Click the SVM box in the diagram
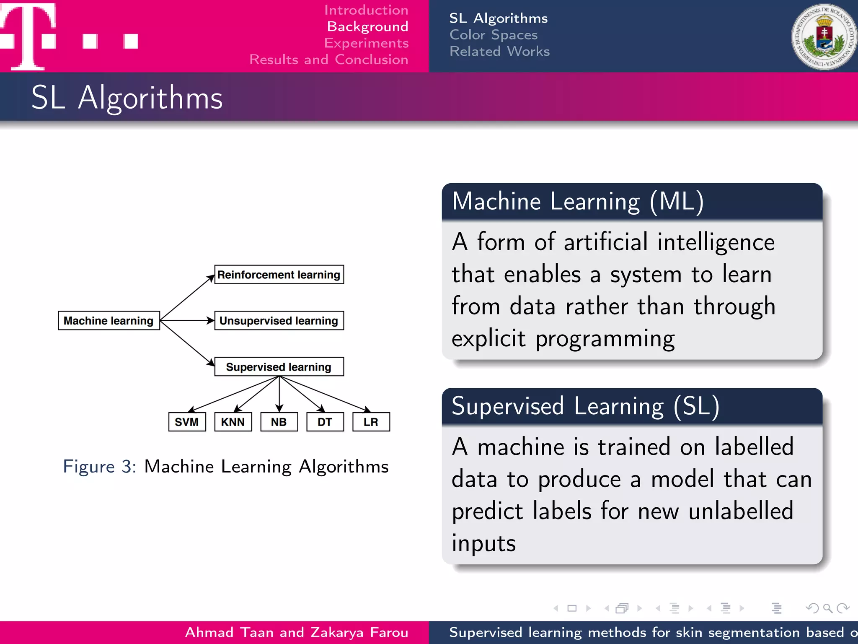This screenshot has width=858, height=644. click(187, 422)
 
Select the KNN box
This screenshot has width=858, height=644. click(233, 422)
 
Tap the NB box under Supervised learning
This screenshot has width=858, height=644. click(279, 422)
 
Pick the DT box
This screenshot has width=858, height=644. click(325, 422)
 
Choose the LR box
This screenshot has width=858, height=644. click(371, 422)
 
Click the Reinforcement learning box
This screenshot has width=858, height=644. click(279, 275)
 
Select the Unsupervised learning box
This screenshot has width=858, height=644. click(279, 321)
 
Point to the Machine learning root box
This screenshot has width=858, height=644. click(109, 321)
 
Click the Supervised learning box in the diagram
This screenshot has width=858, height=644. click(279, 367)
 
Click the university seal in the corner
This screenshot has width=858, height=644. click(824, 37)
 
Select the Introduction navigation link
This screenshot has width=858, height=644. click(366, 10)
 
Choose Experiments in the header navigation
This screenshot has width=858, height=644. click(366, 43)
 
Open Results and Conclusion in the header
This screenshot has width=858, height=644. click(329, 60)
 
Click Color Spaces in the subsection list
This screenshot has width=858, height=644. click(494, 35)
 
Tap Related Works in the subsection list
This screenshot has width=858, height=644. click(499, 51)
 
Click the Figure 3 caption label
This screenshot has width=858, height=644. click(99, 467)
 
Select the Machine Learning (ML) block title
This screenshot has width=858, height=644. click(578, 201)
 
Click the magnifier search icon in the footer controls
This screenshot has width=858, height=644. click(827, 608)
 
